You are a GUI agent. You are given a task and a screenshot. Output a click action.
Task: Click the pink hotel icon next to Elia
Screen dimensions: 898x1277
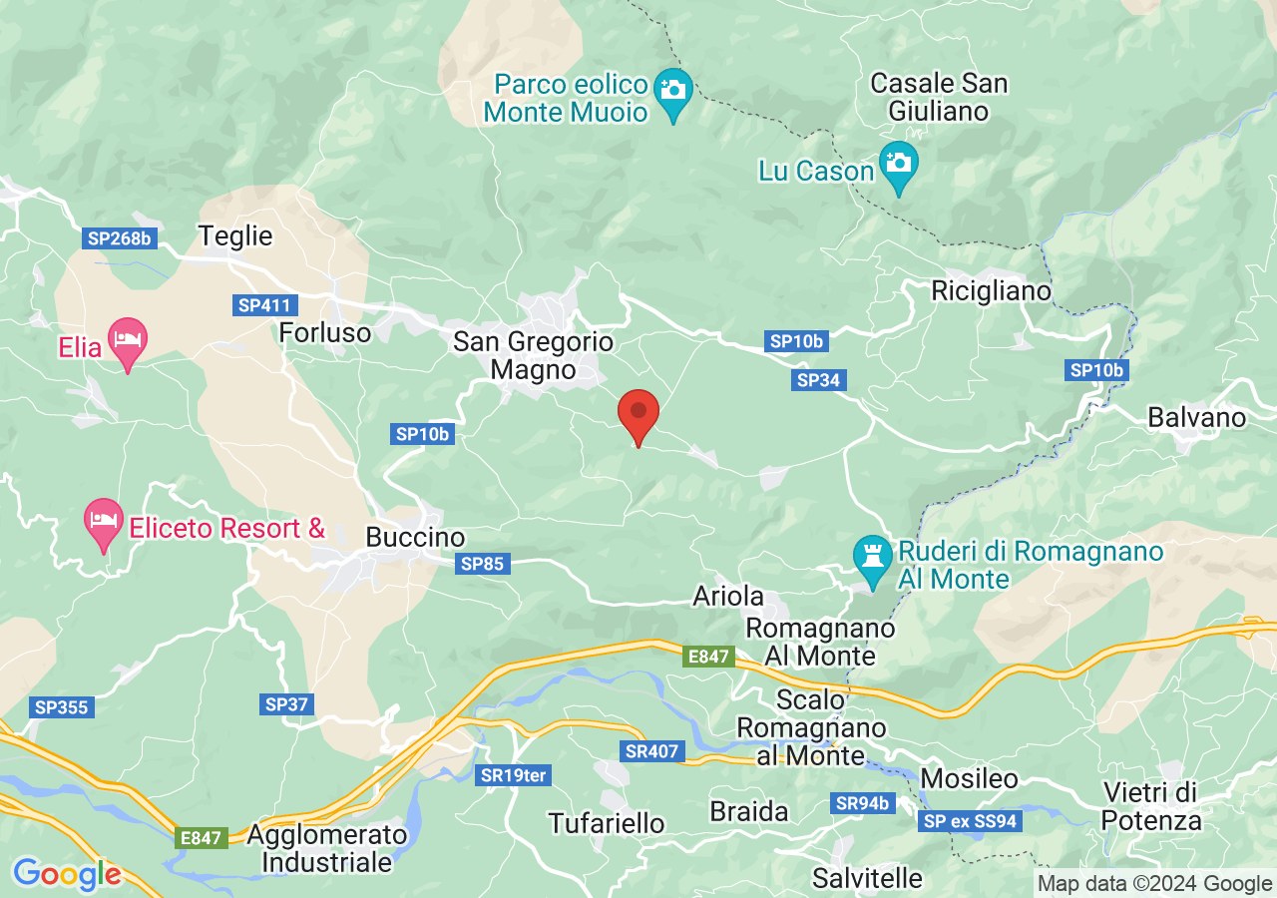pos(127,340)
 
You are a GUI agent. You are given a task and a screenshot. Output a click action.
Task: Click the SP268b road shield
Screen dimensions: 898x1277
pos(119,238)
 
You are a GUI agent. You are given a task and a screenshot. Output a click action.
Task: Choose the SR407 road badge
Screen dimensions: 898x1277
pos(650,751)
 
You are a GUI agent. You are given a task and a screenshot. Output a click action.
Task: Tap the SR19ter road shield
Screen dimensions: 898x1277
pos(515,775)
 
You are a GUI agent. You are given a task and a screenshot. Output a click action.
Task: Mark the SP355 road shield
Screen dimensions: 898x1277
pos(62,707)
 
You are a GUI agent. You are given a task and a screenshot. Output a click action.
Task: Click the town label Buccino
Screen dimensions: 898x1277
pos(415,538)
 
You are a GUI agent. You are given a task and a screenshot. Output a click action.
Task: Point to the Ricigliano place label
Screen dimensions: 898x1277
pos(991,291)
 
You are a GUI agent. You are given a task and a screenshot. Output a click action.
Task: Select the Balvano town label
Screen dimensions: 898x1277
pos(1196,417)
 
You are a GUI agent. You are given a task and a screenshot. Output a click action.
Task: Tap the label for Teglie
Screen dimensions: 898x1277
pos(235,236)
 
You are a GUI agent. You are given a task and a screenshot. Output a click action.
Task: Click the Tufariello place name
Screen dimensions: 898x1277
pos(607,823)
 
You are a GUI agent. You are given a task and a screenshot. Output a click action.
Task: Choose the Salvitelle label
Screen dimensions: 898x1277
pos(867,878)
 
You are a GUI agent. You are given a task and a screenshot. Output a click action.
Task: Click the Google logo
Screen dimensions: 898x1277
pos(67,875)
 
